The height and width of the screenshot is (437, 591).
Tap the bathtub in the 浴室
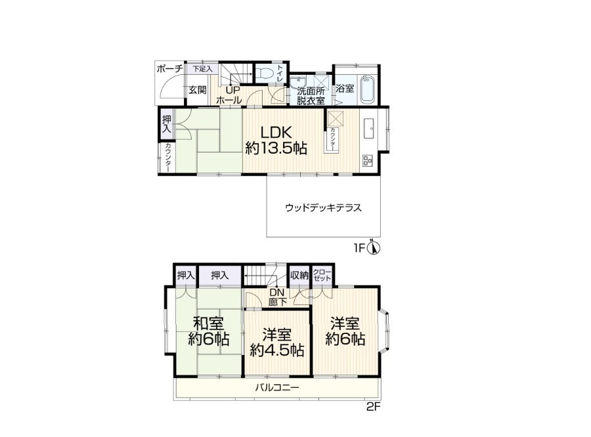(x=368, y=89)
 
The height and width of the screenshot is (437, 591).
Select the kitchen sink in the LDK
(x=369, y=129)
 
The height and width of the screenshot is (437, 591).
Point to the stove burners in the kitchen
(x=367, y=161)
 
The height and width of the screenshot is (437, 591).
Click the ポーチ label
(x=169, y=69)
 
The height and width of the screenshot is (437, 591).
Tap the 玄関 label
(x=198, y=90)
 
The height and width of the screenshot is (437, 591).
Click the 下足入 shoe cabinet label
(x=202, y=69)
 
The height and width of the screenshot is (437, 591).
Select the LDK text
(x=276, y=133)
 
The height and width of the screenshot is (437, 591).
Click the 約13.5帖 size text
(x=276, y=148)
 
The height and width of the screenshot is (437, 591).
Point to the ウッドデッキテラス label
(x=323, y=207)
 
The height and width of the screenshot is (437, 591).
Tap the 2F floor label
(x=373, y=407)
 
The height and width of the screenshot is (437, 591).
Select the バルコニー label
(x=277, y=387)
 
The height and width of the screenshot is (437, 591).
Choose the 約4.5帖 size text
(x=277, y=350)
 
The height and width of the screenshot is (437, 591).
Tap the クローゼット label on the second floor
(x=322, y=276)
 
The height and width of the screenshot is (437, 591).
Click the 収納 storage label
(x=299, y=276)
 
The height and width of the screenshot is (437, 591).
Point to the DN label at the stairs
(x=277, y=293)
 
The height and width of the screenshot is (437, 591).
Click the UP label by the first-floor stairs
(x=232, y=91)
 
